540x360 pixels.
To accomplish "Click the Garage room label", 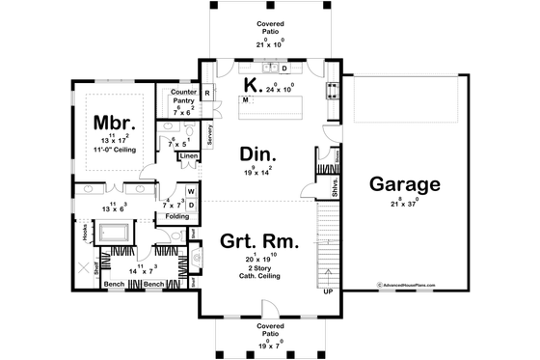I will (x=405, y=184).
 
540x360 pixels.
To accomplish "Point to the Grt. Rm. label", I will (x=258, y=241).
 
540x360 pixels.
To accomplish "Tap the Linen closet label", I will (x=188, y=155).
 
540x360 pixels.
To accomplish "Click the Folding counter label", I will (x=176, y=216).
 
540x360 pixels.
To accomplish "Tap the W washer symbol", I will (x=191, y=191).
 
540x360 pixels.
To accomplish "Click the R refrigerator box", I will (x=207, y=94).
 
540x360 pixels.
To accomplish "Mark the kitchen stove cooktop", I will (x=333, y=90).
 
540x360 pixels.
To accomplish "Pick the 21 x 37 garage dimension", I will (x=405, y=205).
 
